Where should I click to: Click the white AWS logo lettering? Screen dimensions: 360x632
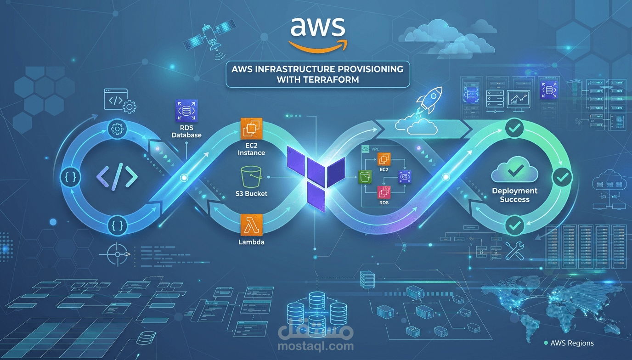(317, 27)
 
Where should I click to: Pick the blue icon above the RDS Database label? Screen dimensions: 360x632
(186, 111)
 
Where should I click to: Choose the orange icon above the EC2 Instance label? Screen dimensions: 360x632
(251, 129)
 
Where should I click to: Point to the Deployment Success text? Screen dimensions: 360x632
(514, 195)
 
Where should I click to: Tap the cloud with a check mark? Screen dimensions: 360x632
(514, 173)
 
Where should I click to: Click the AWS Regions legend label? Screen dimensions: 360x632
(572, 343)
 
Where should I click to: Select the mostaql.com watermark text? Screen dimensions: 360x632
(316, 346)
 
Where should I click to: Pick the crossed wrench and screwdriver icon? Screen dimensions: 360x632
(514, 251)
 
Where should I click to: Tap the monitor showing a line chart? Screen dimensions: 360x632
(518, 100)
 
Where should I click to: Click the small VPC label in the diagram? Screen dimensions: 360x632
(376, 149)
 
